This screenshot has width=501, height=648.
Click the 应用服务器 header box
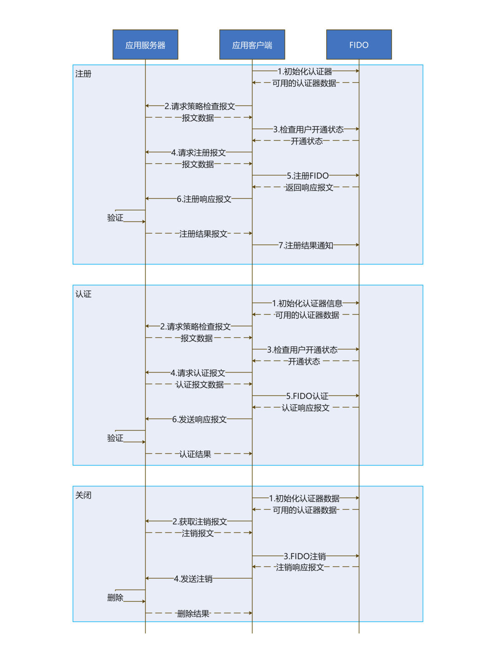point(145,45)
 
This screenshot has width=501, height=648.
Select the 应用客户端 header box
point(252,45)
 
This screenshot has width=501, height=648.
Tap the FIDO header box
point(359,45)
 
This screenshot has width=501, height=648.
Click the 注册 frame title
point(83,74)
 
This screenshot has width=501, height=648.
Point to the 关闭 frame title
point(83,495)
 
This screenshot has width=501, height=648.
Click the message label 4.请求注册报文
point(198,153)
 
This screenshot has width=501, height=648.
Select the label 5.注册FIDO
point(308,176)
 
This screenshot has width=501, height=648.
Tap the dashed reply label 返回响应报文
point(309,187)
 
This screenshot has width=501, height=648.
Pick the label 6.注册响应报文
point(204,199)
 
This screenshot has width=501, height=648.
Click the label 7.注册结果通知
point(306,245)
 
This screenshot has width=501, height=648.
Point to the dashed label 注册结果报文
point(203,234)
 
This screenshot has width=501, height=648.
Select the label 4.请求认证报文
point(198,373)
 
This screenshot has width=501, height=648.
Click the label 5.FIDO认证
point(307,396)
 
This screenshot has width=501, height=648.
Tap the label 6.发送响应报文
point(199,419)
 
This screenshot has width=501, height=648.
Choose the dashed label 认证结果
point(195,454)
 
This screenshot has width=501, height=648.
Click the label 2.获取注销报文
point(200,522)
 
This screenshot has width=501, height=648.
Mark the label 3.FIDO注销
point(305,556)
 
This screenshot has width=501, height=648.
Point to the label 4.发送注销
point(193,579)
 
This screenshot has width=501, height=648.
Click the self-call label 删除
point(115,598)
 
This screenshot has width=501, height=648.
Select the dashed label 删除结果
point(193,613)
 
